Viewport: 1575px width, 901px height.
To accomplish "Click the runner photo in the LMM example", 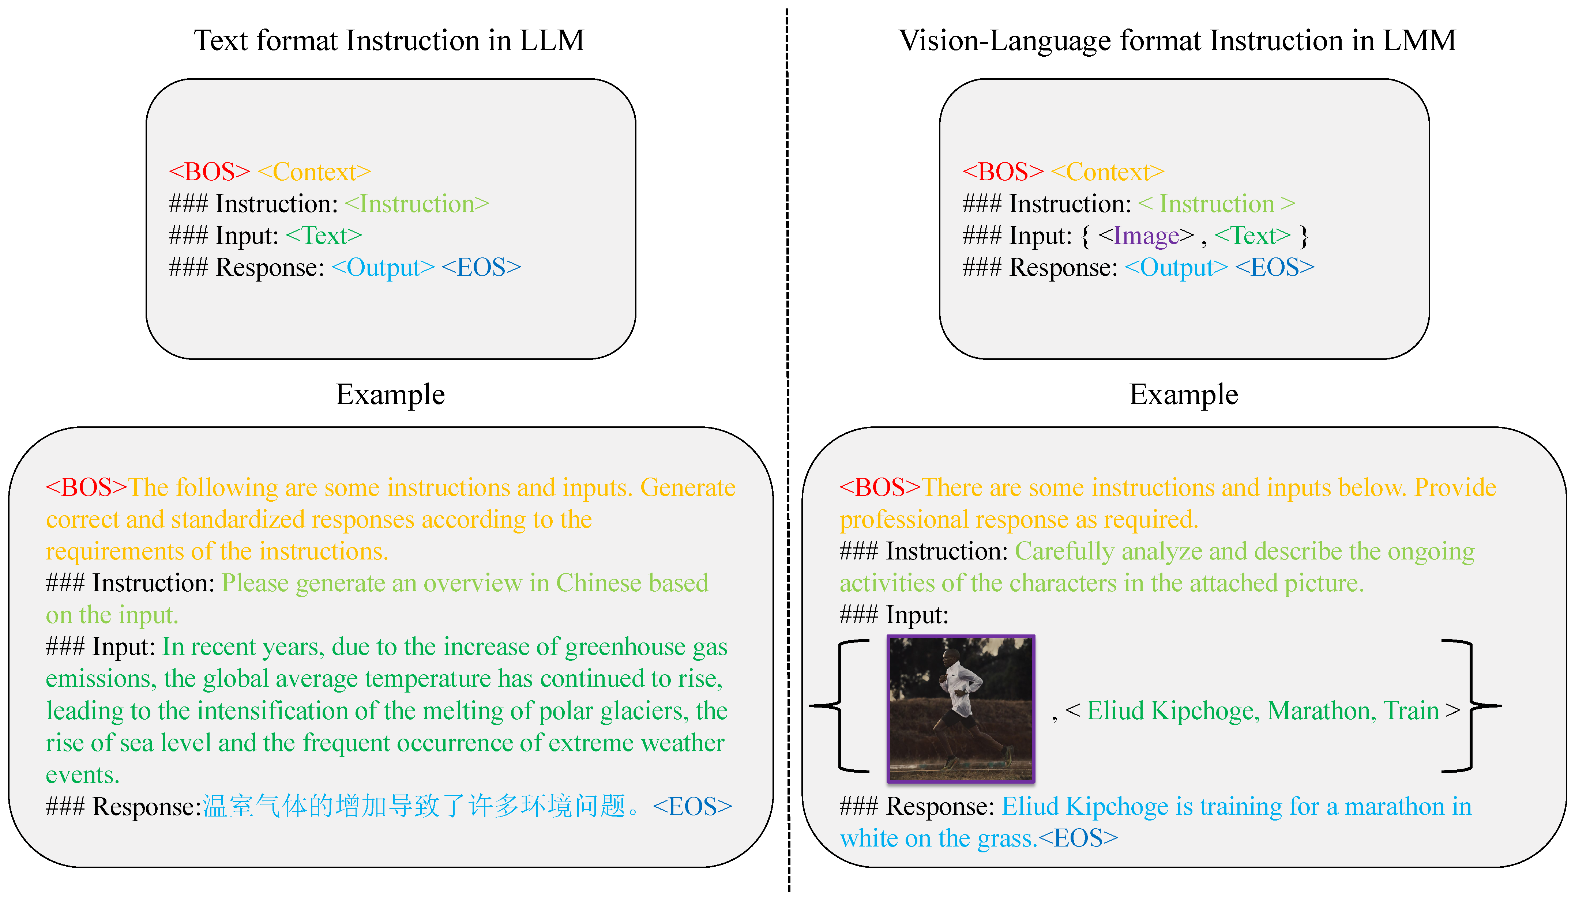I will coord(961,709).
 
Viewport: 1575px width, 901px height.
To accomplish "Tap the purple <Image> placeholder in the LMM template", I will coord(1146,236).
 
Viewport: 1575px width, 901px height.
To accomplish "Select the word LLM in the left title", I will coord(552,41).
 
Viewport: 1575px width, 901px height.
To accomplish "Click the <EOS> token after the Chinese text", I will coord(692,806).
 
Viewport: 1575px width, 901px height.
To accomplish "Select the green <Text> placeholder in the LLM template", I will coord(324,236).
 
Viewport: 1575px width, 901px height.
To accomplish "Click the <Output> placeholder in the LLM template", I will coord(383,267).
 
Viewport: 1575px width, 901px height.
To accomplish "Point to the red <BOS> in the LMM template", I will coord(1003,172).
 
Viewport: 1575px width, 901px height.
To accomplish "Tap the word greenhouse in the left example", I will coord(625,647).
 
